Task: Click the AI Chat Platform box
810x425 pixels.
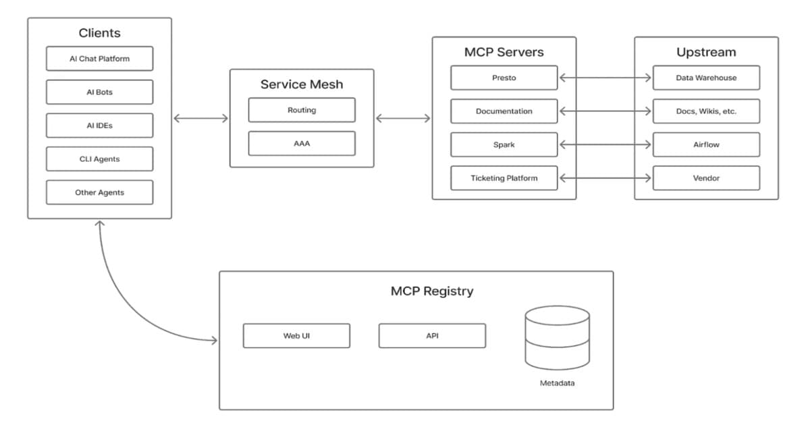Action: pyautogui.click(x=99, y=59)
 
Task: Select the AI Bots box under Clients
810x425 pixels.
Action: pyautogui.click(x=99, y=92)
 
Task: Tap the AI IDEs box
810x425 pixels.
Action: pyautogui.click(x=99, y=125)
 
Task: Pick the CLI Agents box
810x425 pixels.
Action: pyautogui.click(x=99, y=159)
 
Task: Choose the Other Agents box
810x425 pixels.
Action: pyautogui.click(x=99, y=192)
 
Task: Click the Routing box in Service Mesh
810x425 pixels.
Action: pyautogui.click(x=302, y=110)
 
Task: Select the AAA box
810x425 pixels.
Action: pyautogui.click(x=302, y=144)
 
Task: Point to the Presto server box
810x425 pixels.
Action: pyautogui.click(x=504, y=78)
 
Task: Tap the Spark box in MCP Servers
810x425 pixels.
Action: pyautogui.click(x=504, y=144)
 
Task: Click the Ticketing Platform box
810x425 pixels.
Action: pyautogui.click(x=504, y=178)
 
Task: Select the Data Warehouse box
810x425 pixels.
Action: pyautogui.click(x=706, y=78)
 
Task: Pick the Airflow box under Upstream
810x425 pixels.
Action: pyautogui.click(x=706, y=144)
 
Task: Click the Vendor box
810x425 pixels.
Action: pyautogui.click(x=706, y=178)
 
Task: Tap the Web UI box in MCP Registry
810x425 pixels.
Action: pyautogui.click(x=296, y=336)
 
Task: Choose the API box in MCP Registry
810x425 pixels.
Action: pyautogui.click(x=432, y=336)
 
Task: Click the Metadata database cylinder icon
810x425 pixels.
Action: pyautogui.click(x=557, y=338)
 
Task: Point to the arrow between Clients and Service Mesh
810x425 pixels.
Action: pyautogui.click(x=200, y=119)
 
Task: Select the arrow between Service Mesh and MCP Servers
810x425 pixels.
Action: pyautogui.click(x=403, y=119)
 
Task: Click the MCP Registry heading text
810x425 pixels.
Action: pyautogui.click(x=432, y=291)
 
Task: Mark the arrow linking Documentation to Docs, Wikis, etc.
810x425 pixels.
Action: pyautogui.click(x=605, y=111)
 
